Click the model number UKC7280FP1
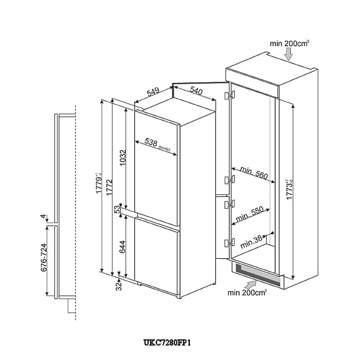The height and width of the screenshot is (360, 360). (x=167, y=343)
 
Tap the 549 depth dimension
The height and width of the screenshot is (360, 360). (x=153, y=92)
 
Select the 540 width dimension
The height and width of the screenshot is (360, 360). (x=196, y=91)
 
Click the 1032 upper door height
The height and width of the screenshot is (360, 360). (x=123, y=158)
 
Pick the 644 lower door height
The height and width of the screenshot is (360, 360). (x=123, y=246)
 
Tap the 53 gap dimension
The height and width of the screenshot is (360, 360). (x=117, y=209)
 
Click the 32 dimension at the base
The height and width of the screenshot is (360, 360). (x=118, y=286)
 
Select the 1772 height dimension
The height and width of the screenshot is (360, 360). (x=109, y=187)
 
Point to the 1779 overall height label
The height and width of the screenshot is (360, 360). (x=99, y=183)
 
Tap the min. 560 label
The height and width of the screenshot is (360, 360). (x=254, y=173)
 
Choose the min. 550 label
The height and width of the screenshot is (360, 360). (x=249, y=214)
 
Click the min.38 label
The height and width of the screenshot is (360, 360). (x=251, y=242)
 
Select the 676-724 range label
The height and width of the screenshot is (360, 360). (x=44, y=257)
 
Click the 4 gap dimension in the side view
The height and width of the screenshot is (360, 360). (x=43, y=217)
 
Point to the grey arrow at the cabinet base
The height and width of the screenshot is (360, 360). (x=251, y=285)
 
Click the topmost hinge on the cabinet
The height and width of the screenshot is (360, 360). (x=230, y=95)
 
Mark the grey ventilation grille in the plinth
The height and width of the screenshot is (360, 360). (x=259, y=274)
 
